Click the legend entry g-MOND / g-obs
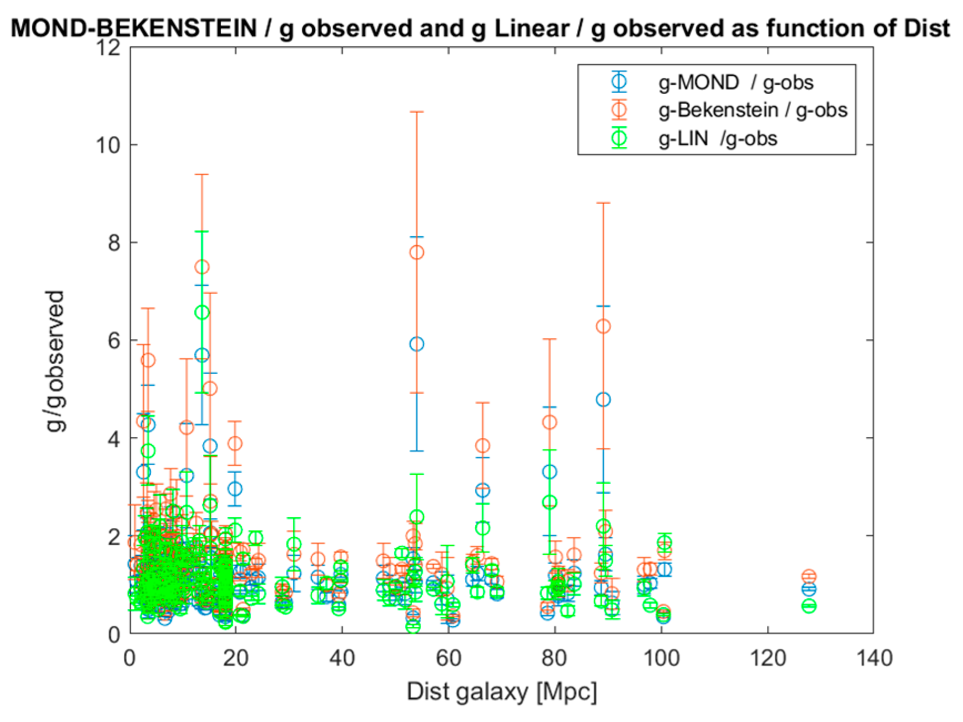pyautogui.click(x=735, y=82)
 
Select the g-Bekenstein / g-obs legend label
pyautogui.click(x=752, y=110)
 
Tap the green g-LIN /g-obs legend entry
pyautogui.click(x=717, y=138)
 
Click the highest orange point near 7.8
pyautogui.click(x=416, y=252)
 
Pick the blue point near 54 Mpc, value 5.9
pyautogui.click(x=416, y=344)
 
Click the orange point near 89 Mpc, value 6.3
pyautogui.click(x=603, y=326)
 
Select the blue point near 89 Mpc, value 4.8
pyautogui.click(x=603, y=399)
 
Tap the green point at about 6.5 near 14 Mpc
pyautogui.click(x=202, y=312)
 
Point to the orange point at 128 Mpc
pyautogui.click(x=809, y=576)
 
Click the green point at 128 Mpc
pyautogui.click(x=809, y=606)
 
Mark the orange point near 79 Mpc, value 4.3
pyautogui.click(x=549, y=422)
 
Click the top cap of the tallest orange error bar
pyautogui.click(x=416, y=112)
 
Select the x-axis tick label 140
pyautogui.click(x=874, y=659)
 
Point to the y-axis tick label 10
pyautogui.click(x=108, y=146)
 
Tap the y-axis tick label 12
pyautogui.click(x=108, y=48)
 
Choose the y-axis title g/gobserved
pyautogui.click(x=56, y=361)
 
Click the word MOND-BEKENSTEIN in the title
pyautogui.click(x=133, y=28)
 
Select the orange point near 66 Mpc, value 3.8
pyautogui.click(x=482, y=445)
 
